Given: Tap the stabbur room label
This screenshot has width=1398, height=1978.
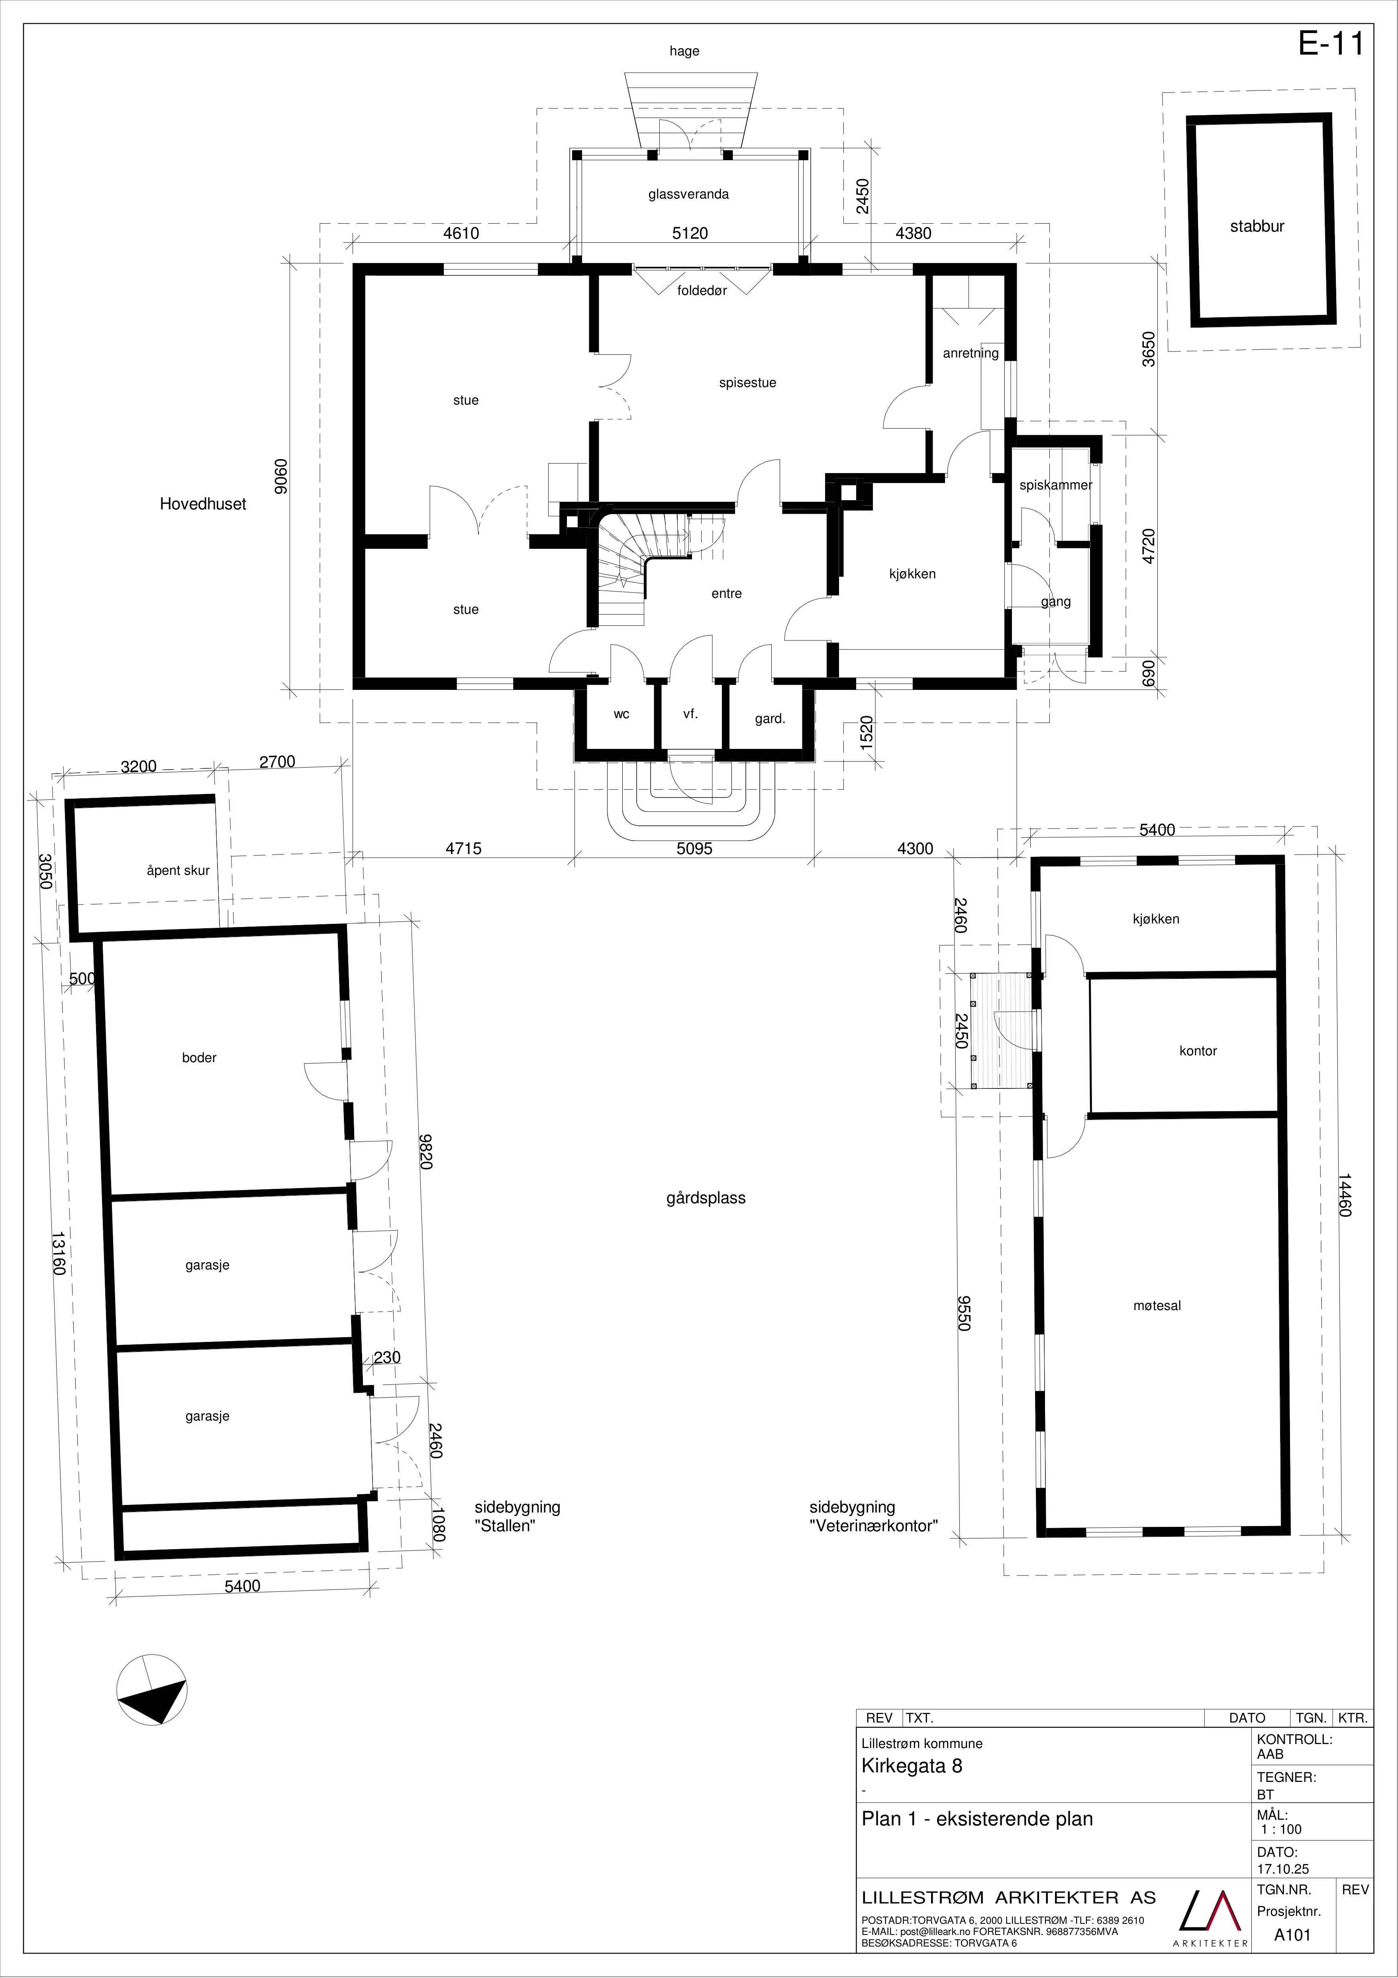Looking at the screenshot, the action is pos(1257,226).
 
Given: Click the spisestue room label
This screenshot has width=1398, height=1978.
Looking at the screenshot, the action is pos(748,383).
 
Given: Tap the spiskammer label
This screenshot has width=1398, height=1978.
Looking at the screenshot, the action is pos(1056,485).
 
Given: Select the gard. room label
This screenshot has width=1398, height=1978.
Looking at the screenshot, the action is pos(770,719).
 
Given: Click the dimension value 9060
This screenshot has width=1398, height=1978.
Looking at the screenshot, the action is pos(277,476).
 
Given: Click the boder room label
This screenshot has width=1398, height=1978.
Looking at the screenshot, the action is pos(199,1058).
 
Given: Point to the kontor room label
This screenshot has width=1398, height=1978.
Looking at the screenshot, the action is pos(1198,1051).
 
